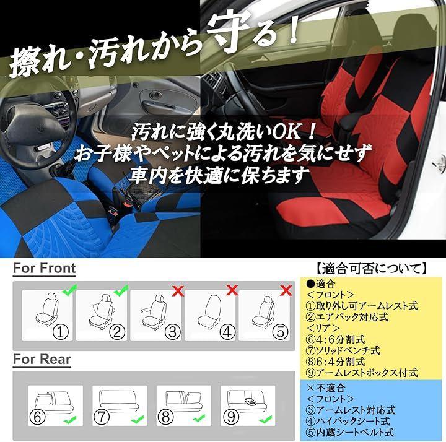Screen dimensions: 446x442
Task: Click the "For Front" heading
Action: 45,268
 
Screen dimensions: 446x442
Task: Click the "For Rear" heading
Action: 42,359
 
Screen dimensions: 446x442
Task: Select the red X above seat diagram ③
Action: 178,291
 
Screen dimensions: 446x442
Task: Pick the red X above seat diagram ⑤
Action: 286,290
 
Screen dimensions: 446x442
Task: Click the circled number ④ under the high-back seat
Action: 227,332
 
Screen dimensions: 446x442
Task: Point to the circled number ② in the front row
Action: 117,332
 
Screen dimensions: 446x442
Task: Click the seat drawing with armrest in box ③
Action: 154,312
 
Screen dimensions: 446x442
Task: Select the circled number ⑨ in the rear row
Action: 231,417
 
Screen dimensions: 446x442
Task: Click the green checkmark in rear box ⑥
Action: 69,420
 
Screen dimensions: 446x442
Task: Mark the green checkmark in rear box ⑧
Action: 199,418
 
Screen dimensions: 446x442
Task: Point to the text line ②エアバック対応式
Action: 347,317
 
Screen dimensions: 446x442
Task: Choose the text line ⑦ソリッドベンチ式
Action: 343,350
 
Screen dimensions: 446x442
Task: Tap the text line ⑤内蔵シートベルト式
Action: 350,432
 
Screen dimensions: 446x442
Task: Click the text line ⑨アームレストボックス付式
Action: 362,373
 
